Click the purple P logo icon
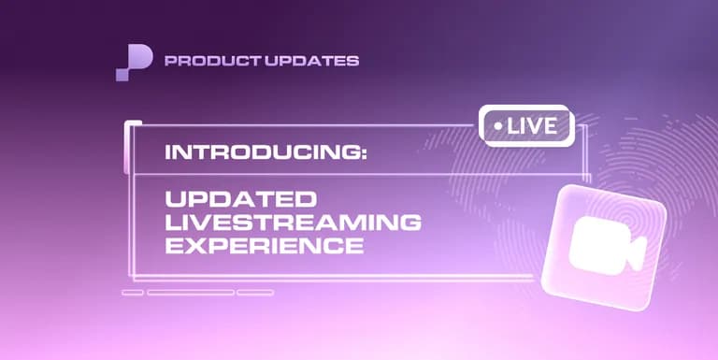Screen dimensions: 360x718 (x=134, y=62)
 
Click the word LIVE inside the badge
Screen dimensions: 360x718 (x=536, y=125)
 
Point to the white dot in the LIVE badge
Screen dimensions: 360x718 (x=497, y=125)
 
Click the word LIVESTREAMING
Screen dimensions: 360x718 (x=293, y=223)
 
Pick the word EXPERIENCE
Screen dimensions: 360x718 (x=264, y=246)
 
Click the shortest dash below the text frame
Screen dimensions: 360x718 (x=133, y=292)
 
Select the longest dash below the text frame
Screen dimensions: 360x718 (x=191, y=292)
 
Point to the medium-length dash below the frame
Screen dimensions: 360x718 (x=255, y=292)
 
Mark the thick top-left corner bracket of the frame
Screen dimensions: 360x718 (x=129, y=125)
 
